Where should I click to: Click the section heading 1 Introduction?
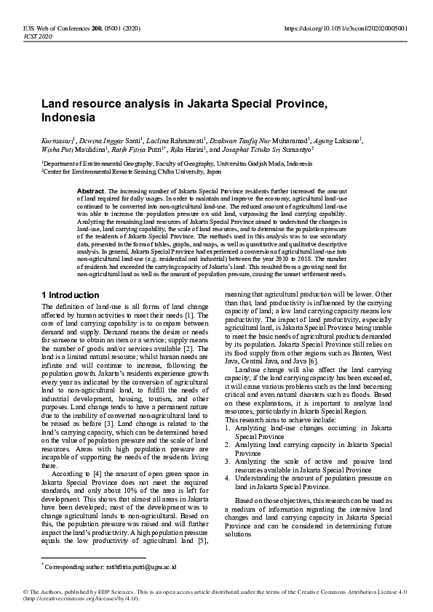(71, 295)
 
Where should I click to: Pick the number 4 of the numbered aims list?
(227, 478)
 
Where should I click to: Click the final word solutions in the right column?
(239, 534)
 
